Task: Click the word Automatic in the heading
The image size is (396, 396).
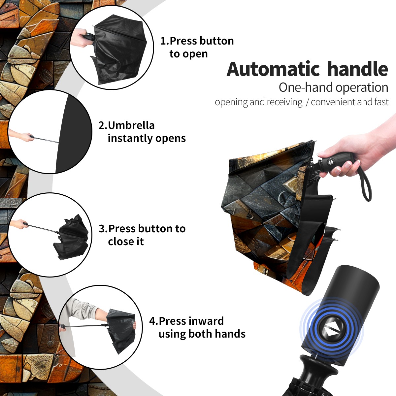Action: tap(273, 69)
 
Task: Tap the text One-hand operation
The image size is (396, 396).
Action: tap(333, 87)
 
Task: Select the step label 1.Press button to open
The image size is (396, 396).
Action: tap(197, 47)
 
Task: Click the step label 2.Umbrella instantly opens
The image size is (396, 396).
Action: tap(142, 132)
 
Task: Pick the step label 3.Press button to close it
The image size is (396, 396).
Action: tap(142, 235)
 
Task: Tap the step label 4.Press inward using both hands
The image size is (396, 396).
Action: tap(197, 327)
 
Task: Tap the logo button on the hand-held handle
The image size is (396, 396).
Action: tap(330, 162)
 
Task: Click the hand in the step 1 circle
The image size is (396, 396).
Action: tap(80, 38)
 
